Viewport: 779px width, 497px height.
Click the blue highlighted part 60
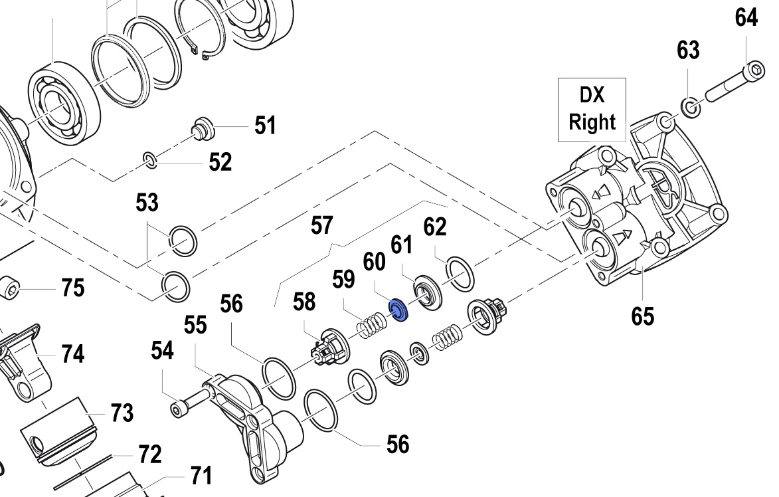click(x=398, y=309)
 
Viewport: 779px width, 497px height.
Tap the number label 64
click(x=746, y=18)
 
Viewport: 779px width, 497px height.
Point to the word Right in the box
click(x=592, y=122)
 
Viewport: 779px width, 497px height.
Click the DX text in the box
click(x=592, y=95)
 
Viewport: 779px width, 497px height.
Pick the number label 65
click(x=642, y=316)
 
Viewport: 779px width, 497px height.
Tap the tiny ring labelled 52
click(x=150, y=159)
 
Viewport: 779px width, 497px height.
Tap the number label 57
click(x=321, y=226)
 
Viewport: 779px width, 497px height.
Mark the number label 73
click(x=122, y=413)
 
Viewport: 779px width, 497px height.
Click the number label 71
click(x=200, y=476)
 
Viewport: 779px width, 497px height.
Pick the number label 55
click(x=195, y=325)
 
